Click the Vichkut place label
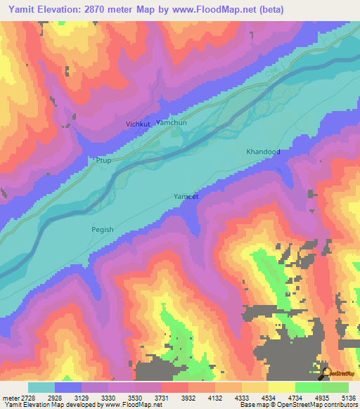point(138,124)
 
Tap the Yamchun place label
point(172,122)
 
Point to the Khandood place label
point(263,152)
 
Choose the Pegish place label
point(102,229)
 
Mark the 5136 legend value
point(349,397)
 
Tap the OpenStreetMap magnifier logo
point(327,372)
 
